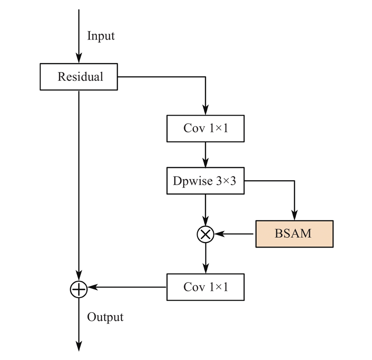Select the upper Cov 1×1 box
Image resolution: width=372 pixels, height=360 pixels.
(206, 128)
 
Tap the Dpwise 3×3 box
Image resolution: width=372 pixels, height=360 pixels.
(206, 181)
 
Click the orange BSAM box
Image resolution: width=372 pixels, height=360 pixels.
(294, 233)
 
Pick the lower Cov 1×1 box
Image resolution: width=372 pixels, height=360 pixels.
(206, 287)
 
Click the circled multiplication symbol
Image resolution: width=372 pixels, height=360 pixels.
(205, 234)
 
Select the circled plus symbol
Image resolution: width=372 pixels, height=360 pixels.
(79, 288)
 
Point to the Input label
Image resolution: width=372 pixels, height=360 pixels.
(101, 36)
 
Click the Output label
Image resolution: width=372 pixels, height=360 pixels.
(106, 317)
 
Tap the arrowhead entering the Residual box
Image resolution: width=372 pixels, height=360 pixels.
(79, 59)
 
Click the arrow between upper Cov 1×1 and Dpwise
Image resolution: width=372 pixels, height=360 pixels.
(205, 155)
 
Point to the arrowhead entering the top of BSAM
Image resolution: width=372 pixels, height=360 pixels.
(294, 216)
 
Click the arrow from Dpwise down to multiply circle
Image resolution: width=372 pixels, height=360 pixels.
(205, 209)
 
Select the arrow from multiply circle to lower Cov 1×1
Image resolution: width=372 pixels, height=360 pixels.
(205, 258)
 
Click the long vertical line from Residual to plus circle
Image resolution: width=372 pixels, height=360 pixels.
(79, 186)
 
